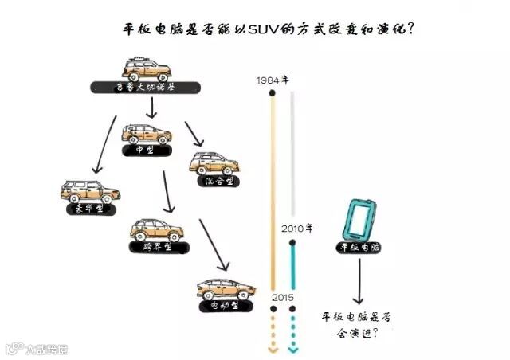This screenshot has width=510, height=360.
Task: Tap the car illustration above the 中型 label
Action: point(146,132)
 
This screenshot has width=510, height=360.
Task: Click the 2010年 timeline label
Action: point(297,228)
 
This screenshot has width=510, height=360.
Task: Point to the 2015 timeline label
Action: point(283,297)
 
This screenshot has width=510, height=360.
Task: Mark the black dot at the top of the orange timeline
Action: point(273,93)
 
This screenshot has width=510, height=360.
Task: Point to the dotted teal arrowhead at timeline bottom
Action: point(294,348)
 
